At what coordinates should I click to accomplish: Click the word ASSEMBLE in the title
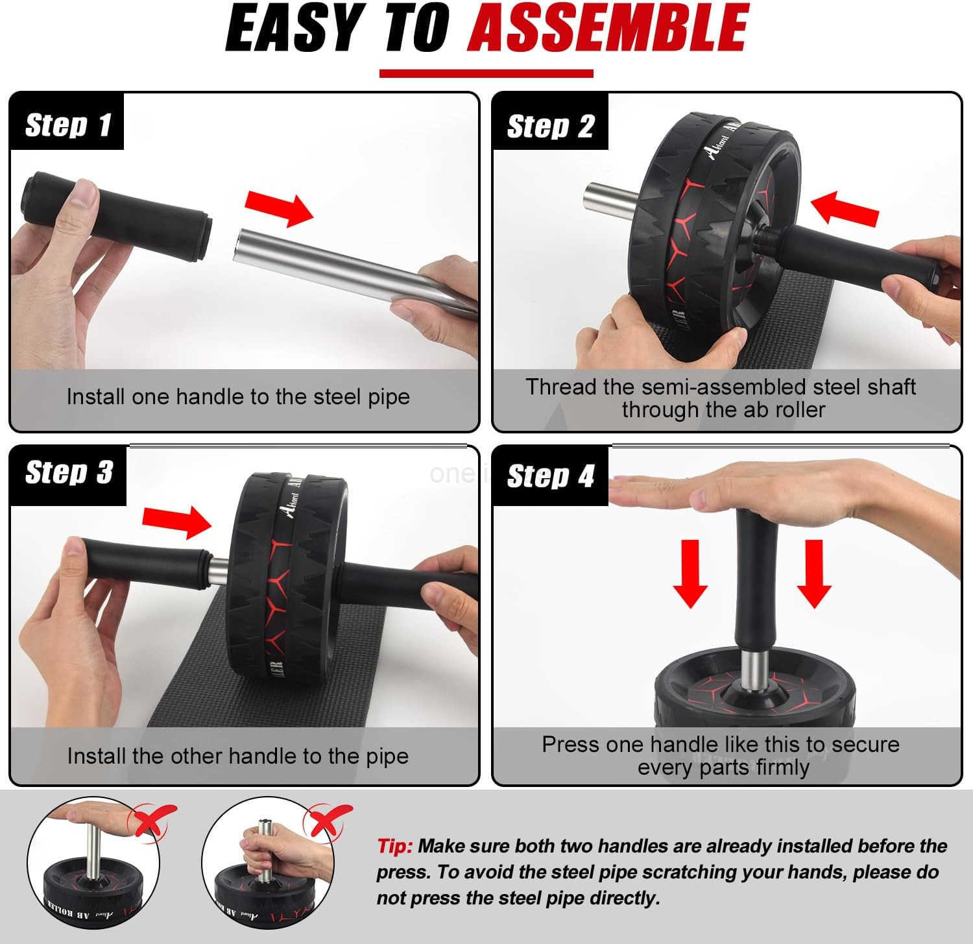point(608,29)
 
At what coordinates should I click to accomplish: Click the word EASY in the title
point(293,29)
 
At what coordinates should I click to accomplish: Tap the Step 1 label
point(67,125)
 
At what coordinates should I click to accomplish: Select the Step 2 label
point(550,126)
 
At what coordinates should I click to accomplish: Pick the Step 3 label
point(68,472)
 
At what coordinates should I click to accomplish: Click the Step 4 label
point(550,476)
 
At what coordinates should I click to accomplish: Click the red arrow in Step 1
point(279,209)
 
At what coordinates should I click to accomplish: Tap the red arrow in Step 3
point(176,521)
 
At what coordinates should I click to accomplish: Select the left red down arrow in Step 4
point(690,573)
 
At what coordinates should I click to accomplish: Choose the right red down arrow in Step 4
point(813,573)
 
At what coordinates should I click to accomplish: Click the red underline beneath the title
point(486,73)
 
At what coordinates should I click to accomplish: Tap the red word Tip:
point(394,846)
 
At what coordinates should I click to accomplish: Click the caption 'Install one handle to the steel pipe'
point(238,396)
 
